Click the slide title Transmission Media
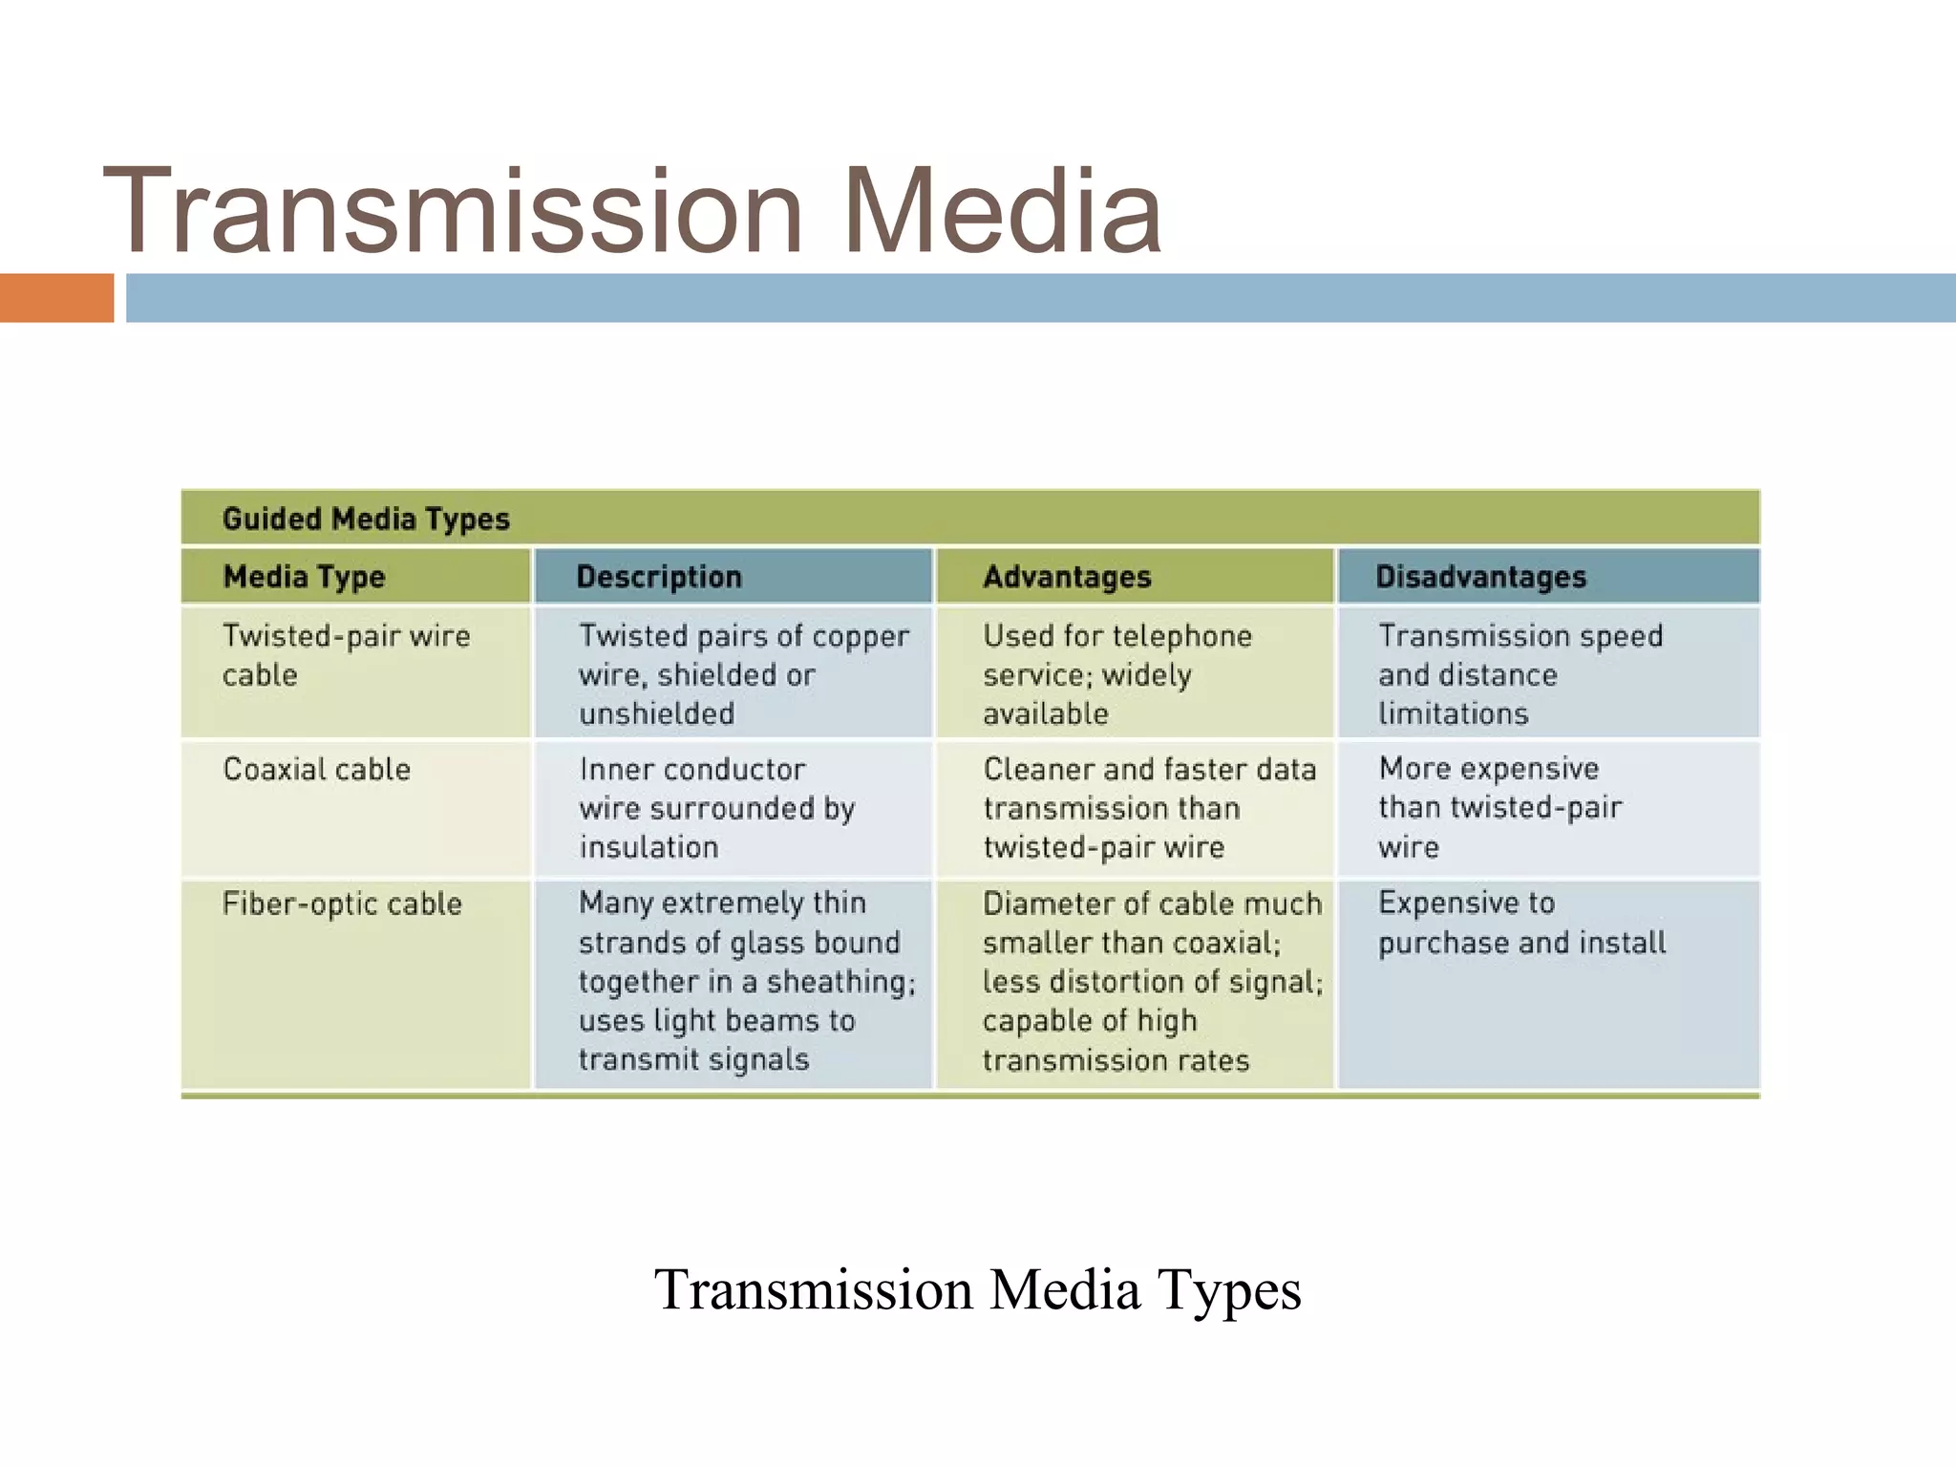click(632, 211)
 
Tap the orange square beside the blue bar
click(56, 298)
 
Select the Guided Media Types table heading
click(366, 519)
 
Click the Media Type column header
click(304, 577)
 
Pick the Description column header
click(659, 577)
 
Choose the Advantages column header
click(1067, 577)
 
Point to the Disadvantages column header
click(1480, 577)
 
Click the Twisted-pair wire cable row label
click(346, 655)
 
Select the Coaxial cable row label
click(316, 770)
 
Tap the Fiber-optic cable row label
click(342, 904)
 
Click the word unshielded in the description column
click(657, 714)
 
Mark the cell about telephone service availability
click(1116, 674)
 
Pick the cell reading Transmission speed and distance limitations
click(1520, 674)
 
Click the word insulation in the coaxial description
click(648, 847)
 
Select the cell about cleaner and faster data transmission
click(1149, 808)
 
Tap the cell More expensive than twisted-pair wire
click(1499, 808)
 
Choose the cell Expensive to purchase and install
click(1521, 923)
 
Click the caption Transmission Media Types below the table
click(977, 1289)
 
